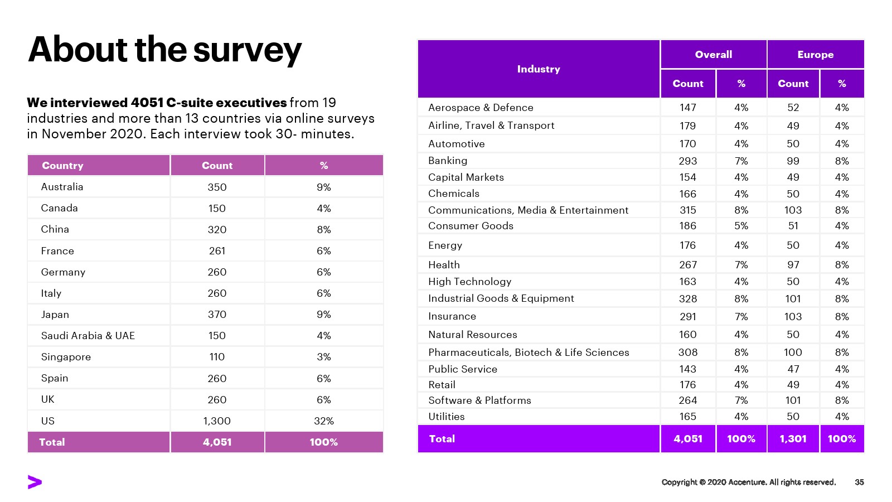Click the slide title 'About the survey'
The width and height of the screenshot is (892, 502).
tap(164, 50)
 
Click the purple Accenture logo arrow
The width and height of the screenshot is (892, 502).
tap(35, 482)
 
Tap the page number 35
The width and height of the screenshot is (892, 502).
tap(859, 482)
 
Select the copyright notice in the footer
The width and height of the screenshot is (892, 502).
tap(748, 482)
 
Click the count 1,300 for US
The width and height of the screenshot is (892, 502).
tap(217, 421)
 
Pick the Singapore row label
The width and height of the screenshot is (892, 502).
tap(66, 357)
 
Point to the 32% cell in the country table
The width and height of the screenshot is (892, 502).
tap(323, 421)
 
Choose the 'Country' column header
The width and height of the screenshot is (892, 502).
tap(62, 166)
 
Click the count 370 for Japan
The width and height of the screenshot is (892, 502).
tap(217, 315)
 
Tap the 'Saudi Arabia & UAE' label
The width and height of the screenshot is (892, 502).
tap(88, 336)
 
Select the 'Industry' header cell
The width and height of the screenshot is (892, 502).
tap(538, 69)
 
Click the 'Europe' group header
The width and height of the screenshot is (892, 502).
tap(815, 55)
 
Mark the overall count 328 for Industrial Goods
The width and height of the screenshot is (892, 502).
tap(687, 299)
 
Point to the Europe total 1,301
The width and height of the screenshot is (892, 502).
tap(793, 439)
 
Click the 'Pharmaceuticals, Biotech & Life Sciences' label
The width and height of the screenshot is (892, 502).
tap(529, 353)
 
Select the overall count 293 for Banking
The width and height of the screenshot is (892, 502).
tap(687, 161)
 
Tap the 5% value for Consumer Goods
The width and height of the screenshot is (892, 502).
tap(741, 226)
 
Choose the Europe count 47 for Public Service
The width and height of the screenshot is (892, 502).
tap(793, 369)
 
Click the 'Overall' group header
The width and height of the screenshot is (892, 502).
tap(713, 55)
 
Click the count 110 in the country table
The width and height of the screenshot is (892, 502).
tap(217, 357)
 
